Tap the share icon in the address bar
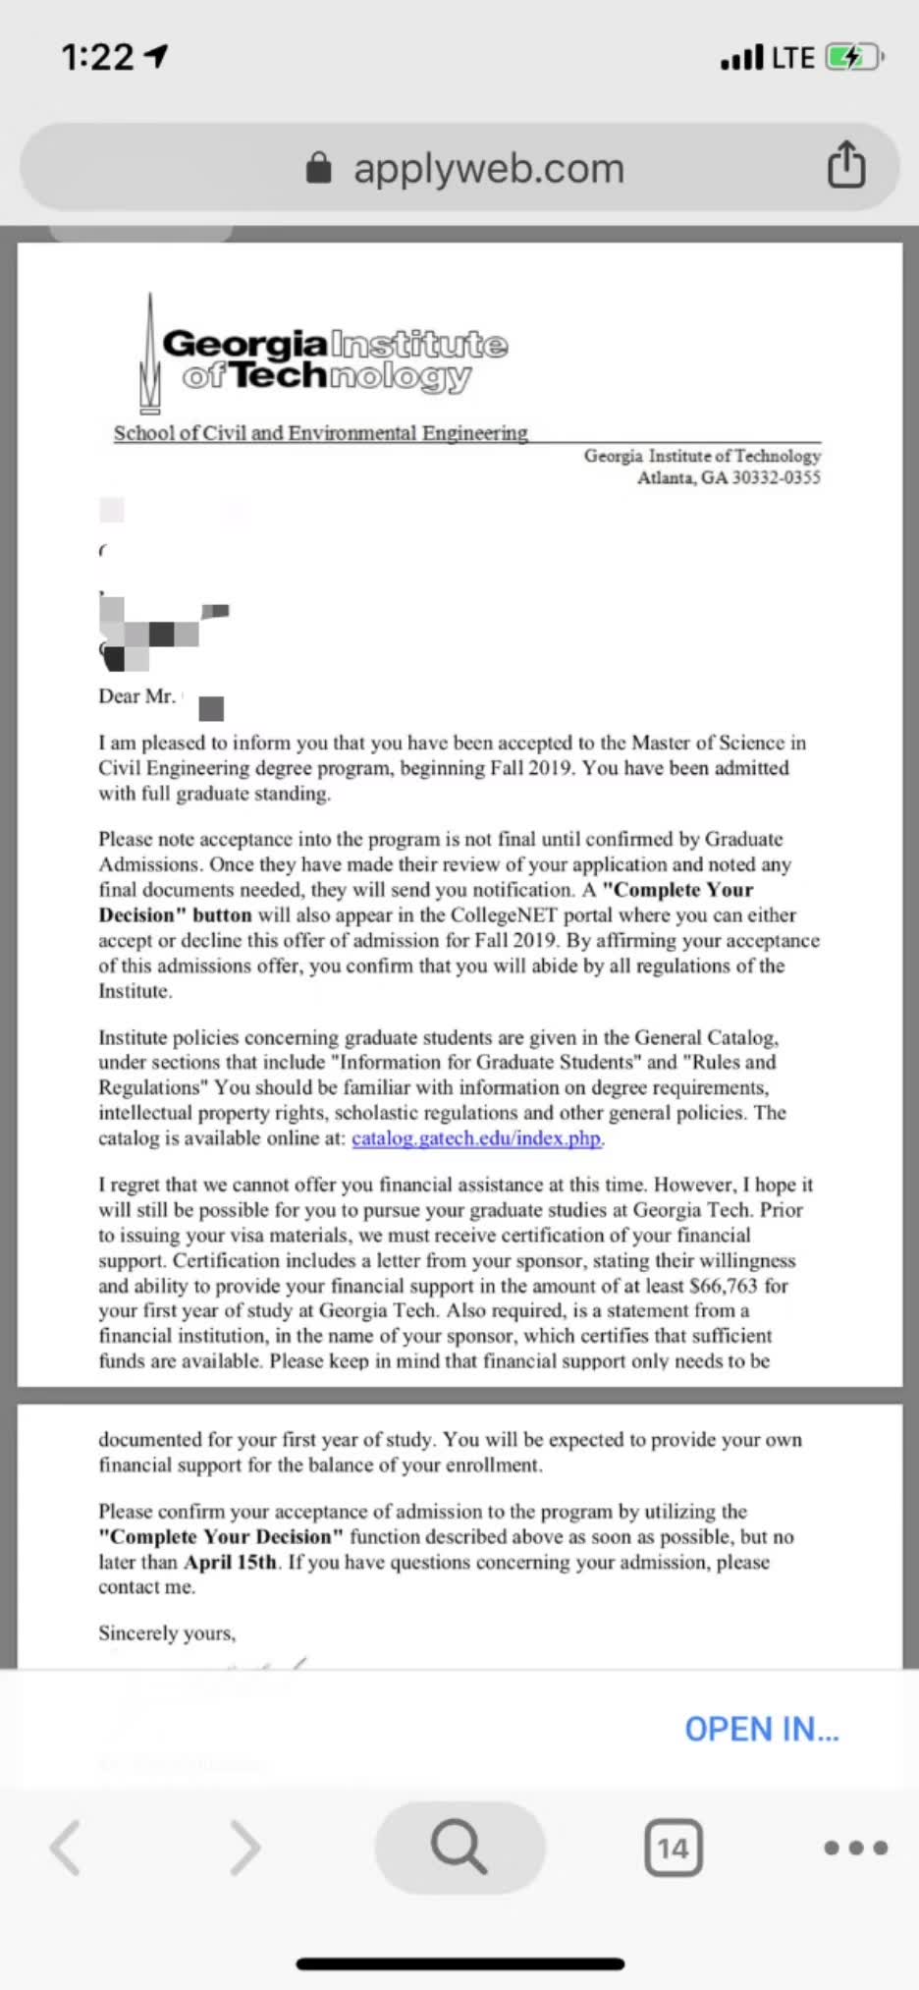(x=846, y=164)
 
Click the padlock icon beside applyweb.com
(x=319, y=168)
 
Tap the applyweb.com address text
(x=488, y=168)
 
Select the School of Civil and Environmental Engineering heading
(x=320, y=433)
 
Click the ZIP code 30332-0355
(x=776, y=478)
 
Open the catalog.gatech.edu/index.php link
(x=477, y=1138)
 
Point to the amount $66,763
(x=724, y=1286)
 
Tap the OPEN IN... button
(x=761, y=1729)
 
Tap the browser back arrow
(x=66, y=1848)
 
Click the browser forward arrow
(x=244, y=1848)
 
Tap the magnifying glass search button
(x=459, y=1848)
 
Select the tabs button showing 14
(x=673, y=1849)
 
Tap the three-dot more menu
(x=855, y=1848)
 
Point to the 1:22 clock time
(x=97, y=58)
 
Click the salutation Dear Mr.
(x=136, y=696)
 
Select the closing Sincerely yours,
(x=167, y=1633)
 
